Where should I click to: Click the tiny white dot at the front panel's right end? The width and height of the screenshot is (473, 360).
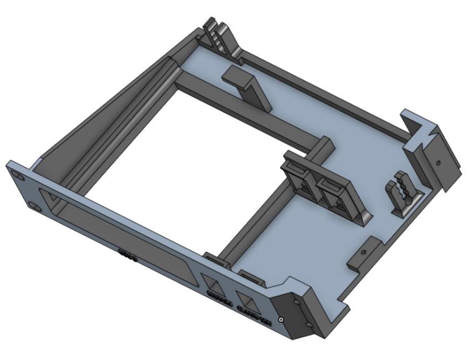[x=282, y=320]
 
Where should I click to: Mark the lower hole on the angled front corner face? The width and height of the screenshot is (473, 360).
[x=308, y=323]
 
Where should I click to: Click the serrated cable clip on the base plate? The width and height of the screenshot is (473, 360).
[x=401, y=195]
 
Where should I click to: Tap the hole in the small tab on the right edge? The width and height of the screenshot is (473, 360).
[x=363, y=252]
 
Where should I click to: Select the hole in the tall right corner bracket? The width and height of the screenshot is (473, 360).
[x=438, y=164]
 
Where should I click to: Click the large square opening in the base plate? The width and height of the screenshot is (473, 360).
[x=183, y=166]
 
